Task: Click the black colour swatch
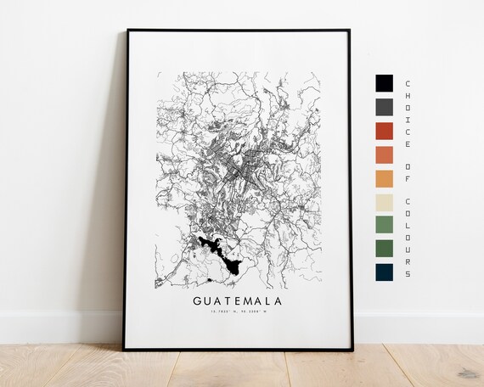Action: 384,83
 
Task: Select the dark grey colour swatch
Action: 384,107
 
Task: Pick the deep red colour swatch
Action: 384,131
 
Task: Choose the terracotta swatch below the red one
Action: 384,155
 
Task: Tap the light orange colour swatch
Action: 384,179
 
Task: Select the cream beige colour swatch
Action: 384,203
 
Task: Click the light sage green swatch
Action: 384,226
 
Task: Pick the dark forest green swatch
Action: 384,249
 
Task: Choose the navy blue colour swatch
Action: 384,272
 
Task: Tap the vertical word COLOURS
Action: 408,238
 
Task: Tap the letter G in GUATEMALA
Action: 198,300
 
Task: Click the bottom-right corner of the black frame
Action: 352,348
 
